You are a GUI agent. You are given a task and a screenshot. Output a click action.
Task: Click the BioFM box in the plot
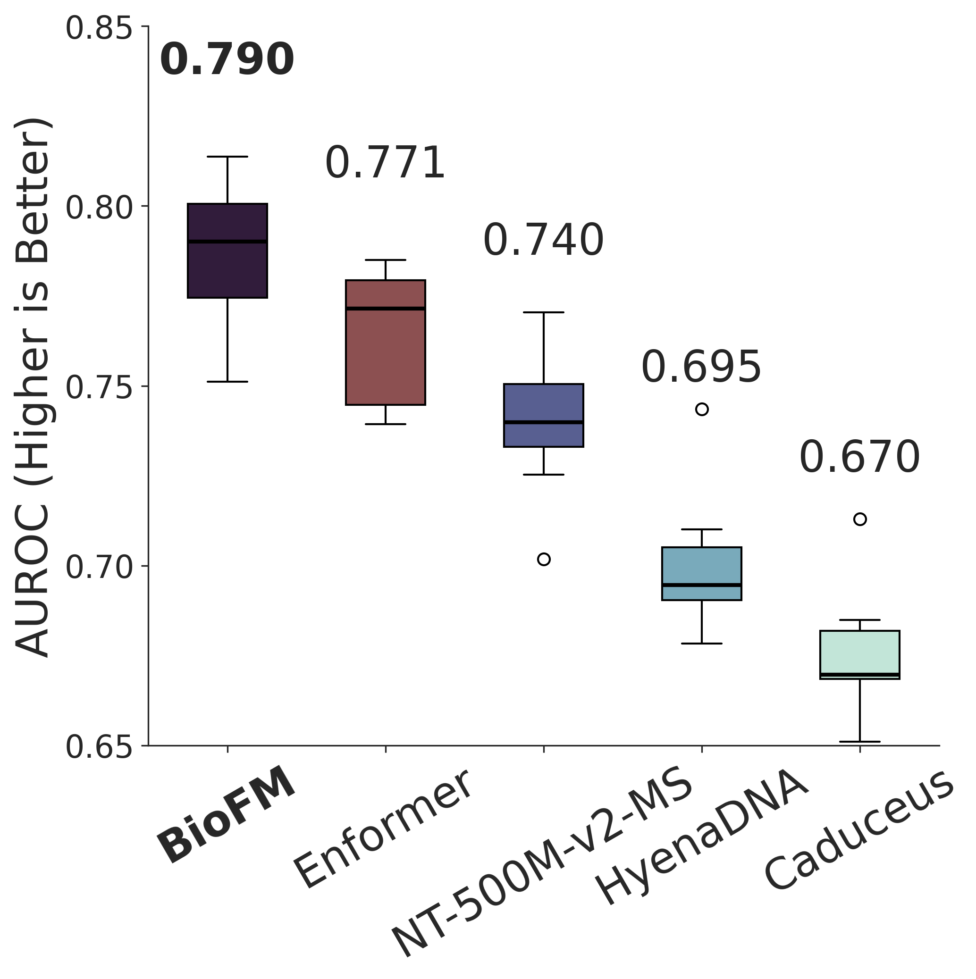pos(227,251)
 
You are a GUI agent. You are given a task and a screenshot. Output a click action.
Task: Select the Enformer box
pos(385,342)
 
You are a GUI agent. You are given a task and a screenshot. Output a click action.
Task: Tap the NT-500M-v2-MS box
pos(544,415)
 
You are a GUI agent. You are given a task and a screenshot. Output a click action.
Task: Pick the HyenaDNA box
pos(702,574)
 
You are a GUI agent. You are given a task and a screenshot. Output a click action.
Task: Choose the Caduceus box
pos(860,655)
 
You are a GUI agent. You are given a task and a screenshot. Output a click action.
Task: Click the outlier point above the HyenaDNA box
pos(702,410)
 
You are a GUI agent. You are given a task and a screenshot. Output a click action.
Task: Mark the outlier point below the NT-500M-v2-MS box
pos(544,560)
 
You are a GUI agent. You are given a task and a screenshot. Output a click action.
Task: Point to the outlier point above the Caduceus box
pos(860,519)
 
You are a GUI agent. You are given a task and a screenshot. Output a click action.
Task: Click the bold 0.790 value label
pos(227,60)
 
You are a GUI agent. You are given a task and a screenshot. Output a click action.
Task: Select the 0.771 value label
pos(385,163)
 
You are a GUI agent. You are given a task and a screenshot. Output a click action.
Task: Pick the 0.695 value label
pos(702,367)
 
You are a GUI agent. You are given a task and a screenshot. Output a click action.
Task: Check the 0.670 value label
pos(860,457)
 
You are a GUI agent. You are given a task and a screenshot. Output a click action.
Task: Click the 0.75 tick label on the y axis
pos(100,388)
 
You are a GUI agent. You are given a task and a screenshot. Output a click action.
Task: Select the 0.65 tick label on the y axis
pos(100,748)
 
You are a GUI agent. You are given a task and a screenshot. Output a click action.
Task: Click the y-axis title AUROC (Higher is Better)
pos(33,388)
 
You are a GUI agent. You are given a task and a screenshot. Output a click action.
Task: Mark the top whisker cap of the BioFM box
pos(227,157)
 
